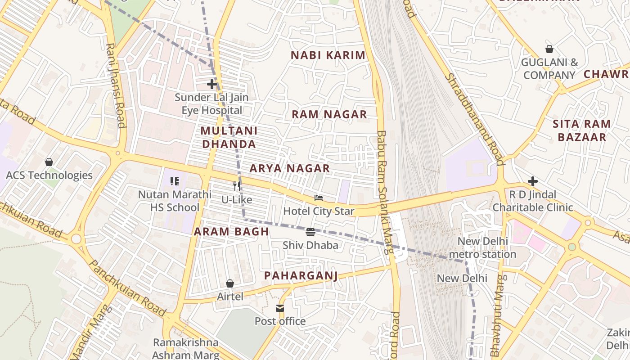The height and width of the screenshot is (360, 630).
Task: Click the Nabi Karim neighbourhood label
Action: point(328,55)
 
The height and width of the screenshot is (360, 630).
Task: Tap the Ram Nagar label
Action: point(329,114)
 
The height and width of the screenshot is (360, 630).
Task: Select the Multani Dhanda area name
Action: point(229,137)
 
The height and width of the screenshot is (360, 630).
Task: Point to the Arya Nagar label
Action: point(290,168)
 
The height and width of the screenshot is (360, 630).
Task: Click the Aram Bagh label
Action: point(231,232)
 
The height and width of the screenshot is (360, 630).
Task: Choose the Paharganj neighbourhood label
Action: point(301,275)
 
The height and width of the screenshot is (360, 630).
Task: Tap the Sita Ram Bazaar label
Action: point(582,130)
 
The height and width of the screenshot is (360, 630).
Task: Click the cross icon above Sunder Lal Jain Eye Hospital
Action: point(212,84)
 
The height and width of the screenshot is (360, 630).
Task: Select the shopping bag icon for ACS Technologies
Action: point(49,162)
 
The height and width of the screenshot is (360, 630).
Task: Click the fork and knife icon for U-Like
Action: point(237,186)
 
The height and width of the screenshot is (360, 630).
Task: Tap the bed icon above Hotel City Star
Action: point(319,198)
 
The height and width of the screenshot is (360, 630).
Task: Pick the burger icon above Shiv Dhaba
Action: point(310,232)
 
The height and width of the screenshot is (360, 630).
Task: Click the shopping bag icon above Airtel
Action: point(230,283)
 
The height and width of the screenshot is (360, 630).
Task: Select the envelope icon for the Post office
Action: point(280,308)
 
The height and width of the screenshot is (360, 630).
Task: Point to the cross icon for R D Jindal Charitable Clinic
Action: point(533,181)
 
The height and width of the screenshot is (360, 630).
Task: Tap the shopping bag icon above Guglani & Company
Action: point(549,49)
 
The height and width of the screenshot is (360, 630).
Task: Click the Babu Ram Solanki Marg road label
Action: point(385,193)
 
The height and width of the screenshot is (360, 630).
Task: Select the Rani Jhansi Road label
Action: point(115,85)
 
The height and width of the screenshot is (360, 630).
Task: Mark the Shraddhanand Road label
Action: point(474,119)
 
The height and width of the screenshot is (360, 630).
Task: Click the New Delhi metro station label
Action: point(483,247)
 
